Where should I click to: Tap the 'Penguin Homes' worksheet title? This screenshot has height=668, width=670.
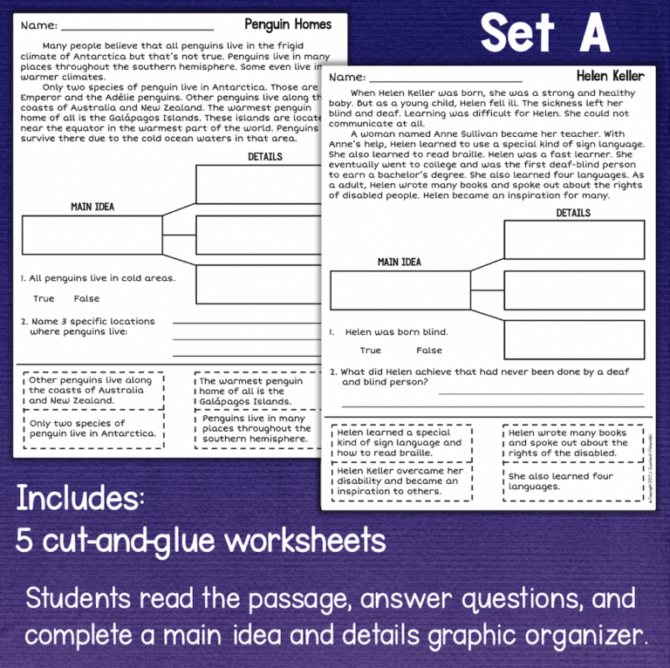coord(288,24)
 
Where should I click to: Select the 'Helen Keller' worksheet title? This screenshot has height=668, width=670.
coord(610,76)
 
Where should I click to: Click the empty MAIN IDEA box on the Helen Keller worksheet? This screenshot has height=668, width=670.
coord(400,290)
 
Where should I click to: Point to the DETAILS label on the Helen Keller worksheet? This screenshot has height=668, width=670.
coord(572,213)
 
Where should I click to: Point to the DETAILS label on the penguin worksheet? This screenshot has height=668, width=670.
coord(264,157)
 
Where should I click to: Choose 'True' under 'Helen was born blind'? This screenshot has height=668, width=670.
coord(370,351)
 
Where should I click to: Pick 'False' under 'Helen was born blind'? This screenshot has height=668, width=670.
coord(428,351)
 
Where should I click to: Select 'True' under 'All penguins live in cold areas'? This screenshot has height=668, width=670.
coord(44,299)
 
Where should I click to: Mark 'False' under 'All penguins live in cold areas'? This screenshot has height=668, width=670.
coord(87,299)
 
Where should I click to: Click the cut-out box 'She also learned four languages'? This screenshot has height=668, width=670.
coord(573,482)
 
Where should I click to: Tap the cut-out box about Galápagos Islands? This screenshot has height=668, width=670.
coord(251,392)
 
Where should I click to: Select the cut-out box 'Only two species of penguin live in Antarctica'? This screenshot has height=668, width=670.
coord(92,428)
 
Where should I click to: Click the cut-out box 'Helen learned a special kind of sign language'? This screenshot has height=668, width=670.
coord(401,443)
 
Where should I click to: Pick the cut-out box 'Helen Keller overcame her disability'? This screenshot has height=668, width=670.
coord(401,481)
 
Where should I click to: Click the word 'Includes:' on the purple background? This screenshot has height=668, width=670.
coord(79,500)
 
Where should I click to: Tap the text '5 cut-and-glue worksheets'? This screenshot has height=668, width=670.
coord(201,542)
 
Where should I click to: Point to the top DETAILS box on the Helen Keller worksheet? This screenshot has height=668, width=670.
coord(573,239)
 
